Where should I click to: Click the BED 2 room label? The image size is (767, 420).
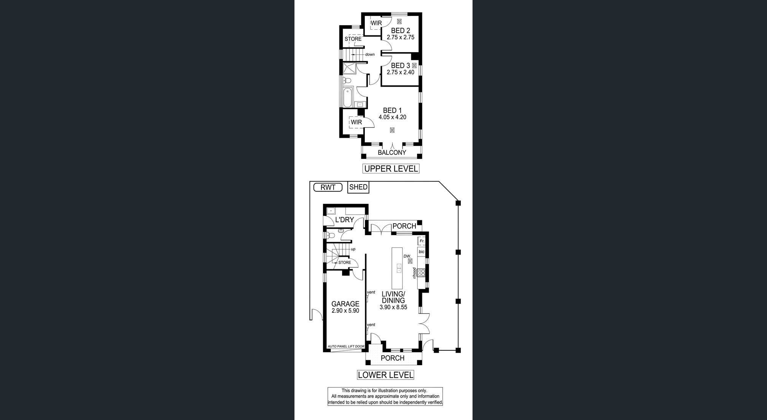[x=401, y=30]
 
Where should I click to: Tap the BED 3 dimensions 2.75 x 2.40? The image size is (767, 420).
[x=401, y=72]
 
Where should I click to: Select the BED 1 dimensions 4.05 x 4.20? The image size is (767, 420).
[x=392, y=117]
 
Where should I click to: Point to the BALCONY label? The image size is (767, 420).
[x=392, y=153]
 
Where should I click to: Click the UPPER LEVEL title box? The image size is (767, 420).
[x=391, y=169]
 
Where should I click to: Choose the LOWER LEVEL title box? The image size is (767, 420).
[x=385, y=375]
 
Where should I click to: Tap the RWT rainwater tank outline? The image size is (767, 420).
[x=328, y=187]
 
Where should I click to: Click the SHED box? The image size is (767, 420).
[x=358, y=187]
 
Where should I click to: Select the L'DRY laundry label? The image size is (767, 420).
[x=345, y=220]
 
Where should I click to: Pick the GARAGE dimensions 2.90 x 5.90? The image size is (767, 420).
[x=345, y=310]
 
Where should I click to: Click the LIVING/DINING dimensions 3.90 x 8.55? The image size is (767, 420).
[x=393, y=307]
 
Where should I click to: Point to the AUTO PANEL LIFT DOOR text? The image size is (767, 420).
[x=346, y=347]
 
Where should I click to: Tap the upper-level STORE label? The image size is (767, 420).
[x=353, y=39]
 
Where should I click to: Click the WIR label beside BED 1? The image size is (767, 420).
[x=356, y=122]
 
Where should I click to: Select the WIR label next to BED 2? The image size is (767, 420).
[x=376, y=23]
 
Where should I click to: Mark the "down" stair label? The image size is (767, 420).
[x=370, y=54]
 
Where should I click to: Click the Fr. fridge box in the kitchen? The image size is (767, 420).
[x=422, y=241]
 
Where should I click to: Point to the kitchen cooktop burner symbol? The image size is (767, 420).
[x=421, y=272]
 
